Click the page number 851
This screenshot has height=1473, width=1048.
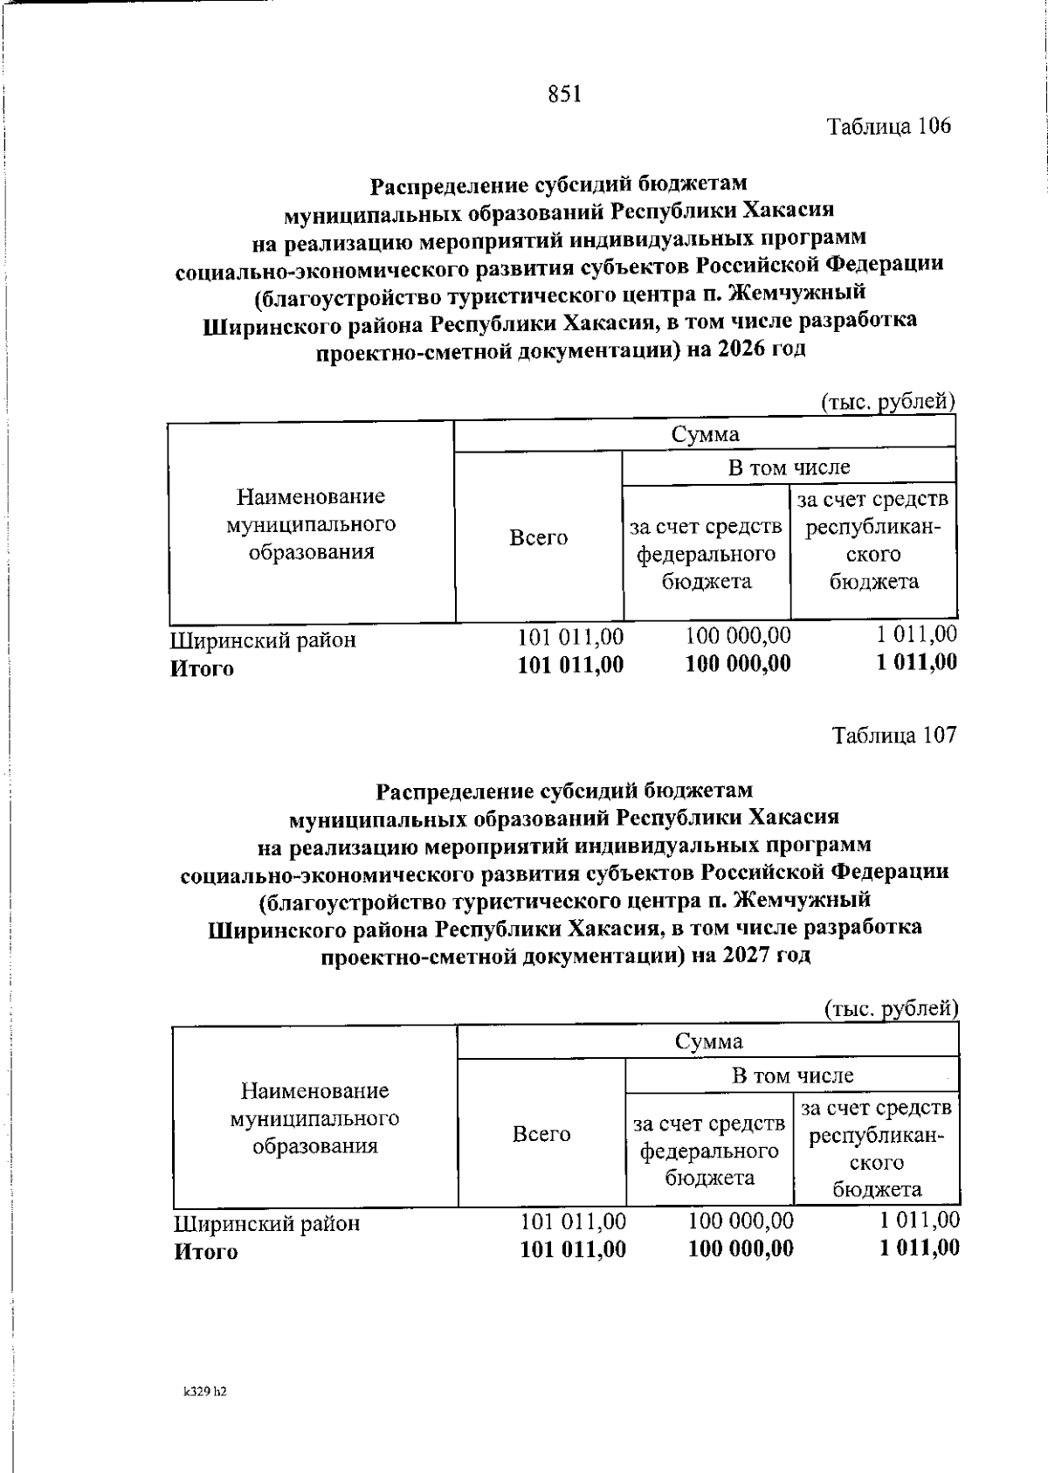(x=564, y=93)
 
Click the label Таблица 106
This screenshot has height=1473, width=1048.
(x=888, y=126)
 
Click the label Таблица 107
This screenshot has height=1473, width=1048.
(x=894, y=735)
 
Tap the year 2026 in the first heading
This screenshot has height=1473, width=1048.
(x=748, y=349)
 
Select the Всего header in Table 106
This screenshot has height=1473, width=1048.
(x=538, y=538)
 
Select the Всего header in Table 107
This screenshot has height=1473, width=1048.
(x=541, y=1134)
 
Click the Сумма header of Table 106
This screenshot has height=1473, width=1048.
(x=705, y=434)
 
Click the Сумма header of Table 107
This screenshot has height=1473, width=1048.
(x=708, y=1041)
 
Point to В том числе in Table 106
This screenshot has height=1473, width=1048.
(x=789, y=467)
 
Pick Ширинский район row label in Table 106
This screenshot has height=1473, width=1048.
(x=263, y=640)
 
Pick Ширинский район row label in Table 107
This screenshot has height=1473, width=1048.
(x=266, y=1223)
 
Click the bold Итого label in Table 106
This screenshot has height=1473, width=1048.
(x=202, y=669)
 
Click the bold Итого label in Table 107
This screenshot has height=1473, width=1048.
(x=206, y=1252)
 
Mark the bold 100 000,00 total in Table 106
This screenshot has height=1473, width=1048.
(x=738, y=664)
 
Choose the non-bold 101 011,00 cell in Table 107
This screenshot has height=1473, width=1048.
(x=573, y=1221)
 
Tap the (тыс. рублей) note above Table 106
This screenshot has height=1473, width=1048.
(x=888, y=402)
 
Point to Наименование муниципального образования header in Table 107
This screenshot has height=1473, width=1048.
(x=314, y=1118)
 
